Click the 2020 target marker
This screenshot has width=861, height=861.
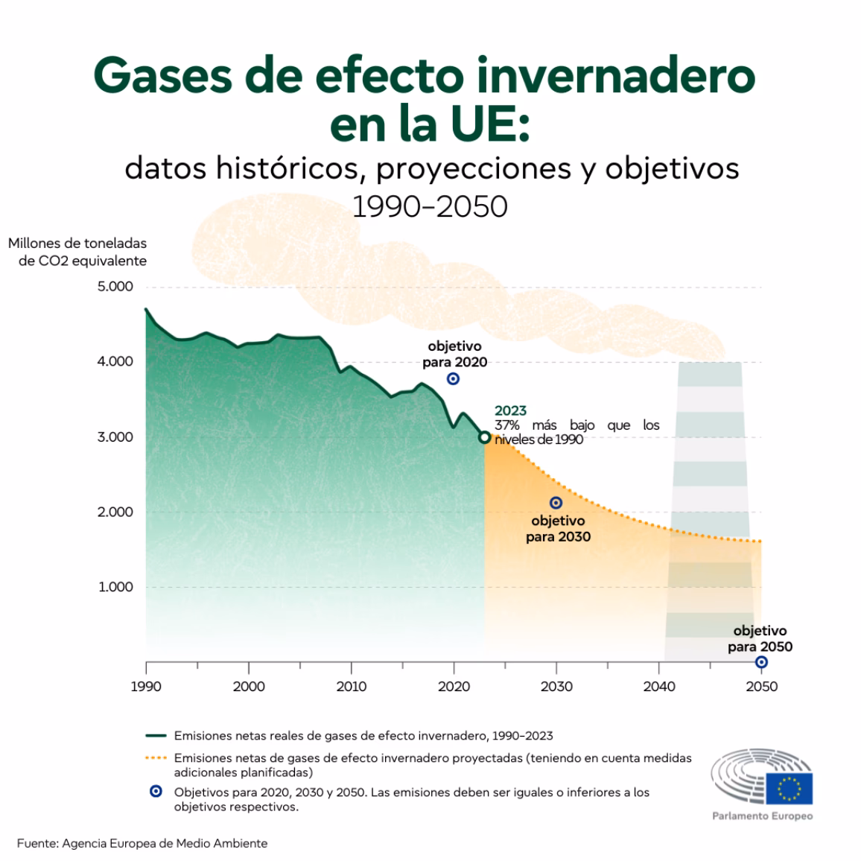pyautogui.click(x=453, y=379)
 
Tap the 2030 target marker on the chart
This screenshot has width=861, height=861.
pyautogui.click(x=556, y=503)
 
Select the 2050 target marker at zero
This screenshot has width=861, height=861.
pyautogui.click(x=761, y=662)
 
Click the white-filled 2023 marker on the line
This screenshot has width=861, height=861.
pyautogui.click(x=484, y=437)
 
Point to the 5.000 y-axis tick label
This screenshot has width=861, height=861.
pyautogui.click(x=115, y=287)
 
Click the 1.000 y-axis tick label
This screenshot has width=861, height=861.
pyautogui.click(x=115, y=587)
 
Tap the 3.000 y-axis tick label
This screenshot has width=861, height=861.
pyautogui.click(x=115, y=437)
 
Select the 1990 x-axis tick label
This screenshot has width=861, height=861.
pyautogui.click(x=146, y=686)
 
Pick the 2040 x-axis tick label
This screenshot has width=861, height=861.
pyautogui.click(x=659, y=686)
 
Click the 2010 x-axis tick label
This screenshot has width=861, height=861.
pyautogui.click(x=352, y=686)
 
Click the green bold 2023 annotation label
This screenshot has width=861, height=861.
pyautogui.click(x=510, y=410)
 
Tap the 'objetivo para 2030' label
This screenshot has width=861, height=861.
pyautogui.click(x=558, y=529)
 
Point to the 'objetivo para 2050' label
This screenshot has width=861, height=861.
pyautogui.click(x=760, y=639)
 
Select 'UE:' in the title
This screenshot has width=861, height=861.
pyautogui.click(x=483, y=124)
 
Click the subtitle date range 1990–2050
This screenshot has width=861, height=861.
pyautogui.click(x=430, y=206)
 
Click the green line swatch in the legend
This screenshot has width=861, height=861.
pyautogui.click(x=155, y=735)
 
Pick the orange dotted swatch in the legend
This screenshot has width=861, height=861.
pyautogui.click(x=155, y=758)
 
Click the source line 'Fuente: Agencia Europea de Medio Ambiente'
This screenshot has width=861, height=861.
pyautogui.click(x=142, y=843)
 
